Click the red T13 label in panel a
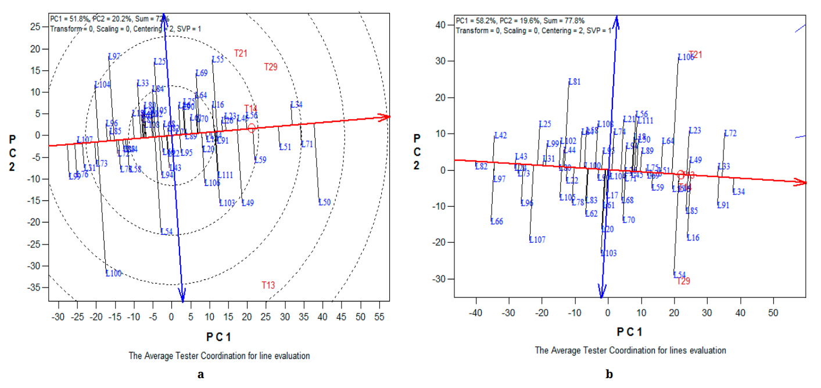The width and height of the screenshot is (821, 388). click(268, 285)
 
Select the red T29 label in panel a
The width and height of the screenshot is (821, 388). click(271, 67)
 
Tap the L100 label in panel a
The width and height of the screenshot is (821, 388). click(114, 273)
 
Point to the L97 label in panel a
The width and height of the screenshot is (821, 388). click(114, 56)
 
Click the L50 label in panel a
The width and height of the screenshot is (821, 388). click(324, 202)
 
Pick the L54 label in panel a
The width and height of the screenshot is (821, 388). click(167, 232)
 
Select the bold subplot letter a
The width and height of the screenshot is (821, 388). click(201, 374)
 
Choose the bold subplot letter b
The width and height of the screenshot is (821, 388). click(609, 374)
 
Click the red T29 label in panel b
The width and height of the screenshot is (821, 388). click(683, 281)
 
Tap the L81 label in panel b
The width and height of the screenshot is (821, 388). click(575, 82)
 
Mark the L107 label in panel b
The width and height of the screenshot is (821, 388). click(537, 240)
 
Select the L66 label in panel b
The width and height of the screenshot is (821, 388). click(497, 221)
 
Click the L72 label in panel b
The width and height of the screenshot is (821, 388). click(730, 134)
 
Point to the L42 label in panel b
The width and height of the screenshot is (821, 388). click(501, 135)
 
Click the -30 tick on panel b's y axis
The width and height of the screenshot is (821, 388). click(440, 279)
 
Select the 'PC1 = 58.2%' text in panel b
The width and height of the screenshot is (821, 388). click(478, 20)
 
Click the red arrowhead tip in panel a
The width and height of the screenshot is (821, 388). click(389, 117)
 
